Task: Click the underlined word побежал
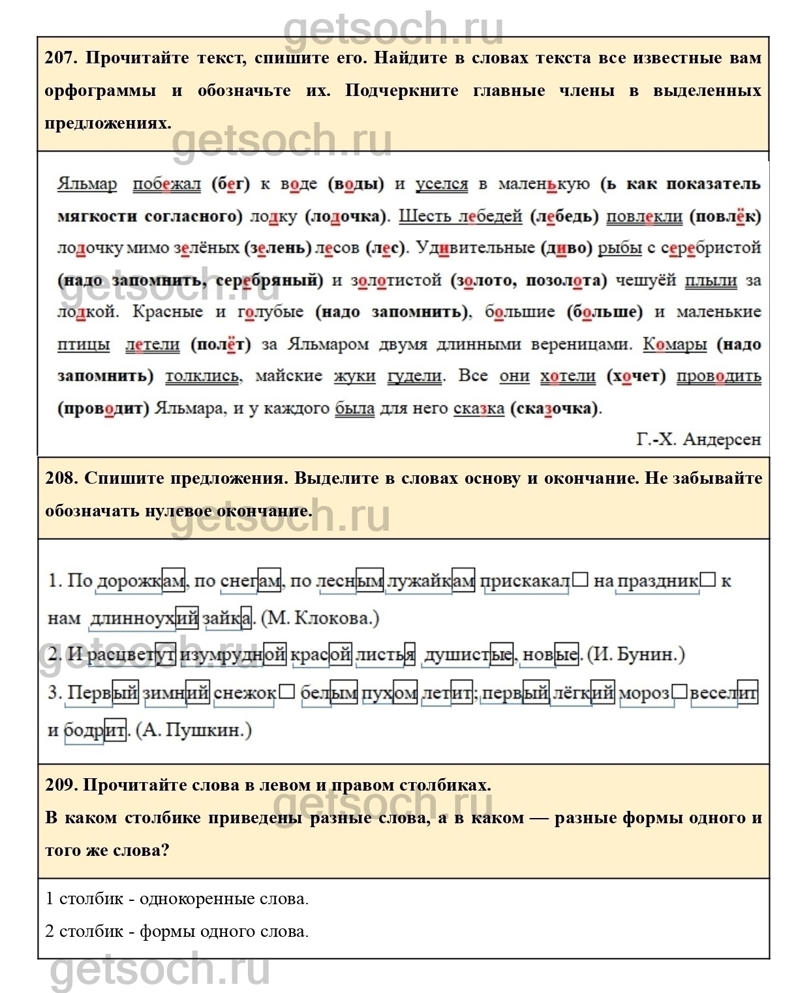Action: (167, 184)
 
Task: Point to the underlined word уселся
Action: (442, 184)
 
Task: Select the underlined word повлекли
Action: (645, 216)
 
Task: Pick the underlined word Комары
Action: (675, 345)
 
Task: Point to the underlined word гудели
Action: (415, 377)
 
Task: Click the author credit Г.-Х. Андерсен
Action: (699, 439)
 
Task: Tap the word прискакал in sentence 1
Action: (525, 581)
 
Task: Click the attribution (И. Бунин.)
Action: (636, 655)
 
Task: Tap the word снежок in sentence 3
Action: (245, 693)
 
